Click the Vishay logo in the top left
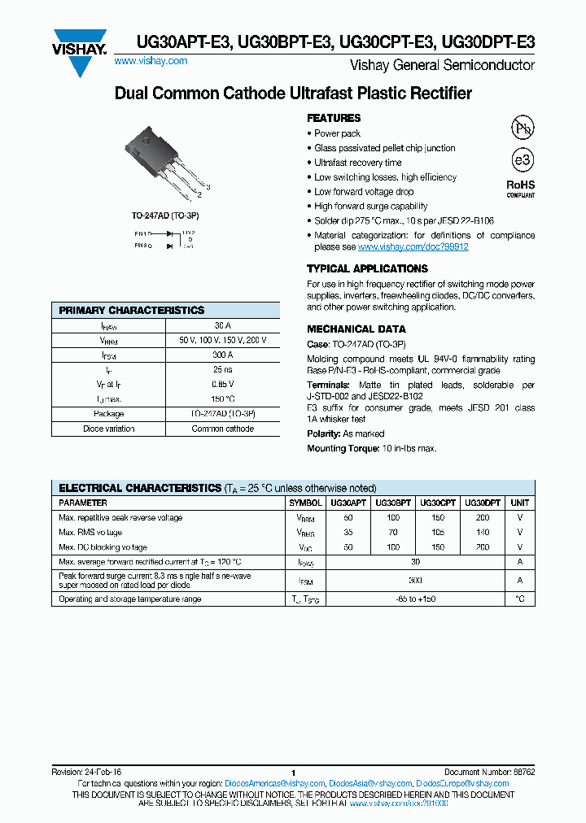pos(81,50)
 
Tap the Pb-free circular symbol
pos(522,128)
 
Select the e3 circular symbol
pos(522,159)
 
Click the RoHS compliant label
pos(521,189)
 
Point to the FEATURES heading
pos(333,118)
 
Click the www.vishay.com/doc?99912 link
pos(413,246)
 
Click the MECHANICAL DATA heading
pos(356,329)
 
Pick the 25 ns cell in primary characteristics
pos(223,369)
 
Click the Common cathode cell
pos(223,429)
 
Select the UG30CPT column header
pos(438,503)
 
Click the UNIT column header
pos(519,503)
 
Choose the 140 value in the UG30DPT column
pos(483,533)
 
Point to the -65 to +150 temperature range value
pos(415,599)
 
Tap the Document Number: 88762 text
pos(489,772)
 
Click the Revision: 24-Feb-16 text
pos(87,772)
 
